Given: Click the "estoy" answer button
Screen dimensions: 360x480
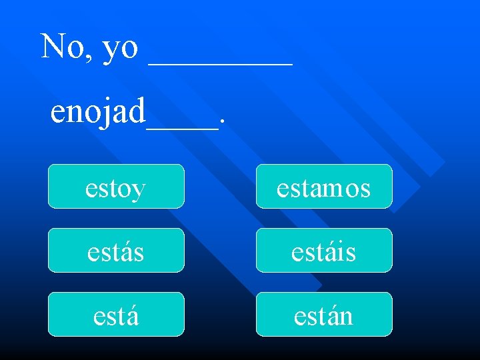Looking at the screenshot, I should pyautogui.click(x=115, y=187).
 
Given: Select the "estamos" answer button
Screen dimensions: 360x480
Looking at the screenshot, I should pyautogui.click(x=324, y=187).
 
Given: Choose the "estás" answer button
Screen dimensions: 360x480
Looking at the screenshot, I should pyautogui.click(x=115, y=251).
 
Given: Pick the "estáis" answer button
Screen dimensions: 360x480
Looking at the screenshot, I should pyautogui.click(x=324, y=251).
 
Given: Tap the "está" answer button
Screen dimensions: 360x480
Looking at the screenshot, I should pyautogui.click(x=115, y=315).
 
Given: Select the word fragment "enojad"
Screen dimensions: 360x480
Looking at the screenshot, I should pyautogui.click(x=98, y=112).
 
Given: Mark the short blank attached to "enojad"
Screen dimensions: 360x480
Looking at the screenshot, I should pyautogui.click(x=182, y=125).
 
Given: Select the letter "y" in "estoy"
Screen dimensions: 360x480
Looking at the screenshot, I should pyautogui.click(x=138, y=191).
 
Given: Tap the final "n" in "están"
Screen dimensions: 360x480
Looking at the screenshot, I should pyautogui.click(x=345, y=316).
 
